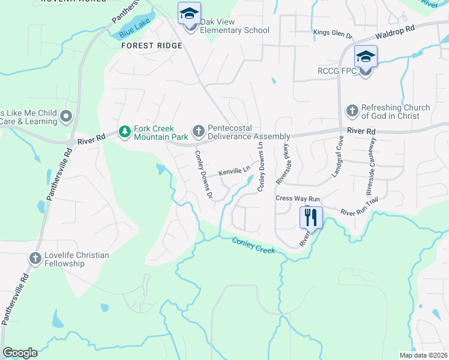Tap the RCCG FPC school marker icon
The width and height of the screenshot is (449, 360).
(365, 58)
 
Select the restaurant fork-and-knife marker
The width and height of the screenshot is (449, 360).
(311, 217)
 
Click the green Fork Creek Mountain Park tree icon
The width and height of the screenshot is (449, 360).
(124, 131)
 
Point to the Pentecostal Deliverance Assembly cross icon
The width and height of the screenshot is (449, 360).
(198, 131)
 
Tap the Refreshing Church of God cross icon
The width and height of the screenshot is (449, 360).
(352, 111)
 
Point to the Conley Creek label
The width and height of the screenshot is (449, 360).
(253, 245)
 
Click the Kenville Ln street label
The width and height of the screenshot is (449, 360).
(234, 172)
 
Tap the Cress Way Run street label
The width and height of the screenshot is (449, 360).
(298, 199)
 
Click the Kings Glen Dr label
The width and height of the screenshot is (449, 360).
(331, 32)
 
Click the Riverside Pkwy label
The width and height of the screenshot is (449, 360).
(282, 163)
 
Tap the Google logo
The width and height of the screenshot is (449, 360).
(20, 353)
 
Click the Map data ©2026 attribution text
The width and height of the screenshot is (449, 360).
(423, 355)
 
